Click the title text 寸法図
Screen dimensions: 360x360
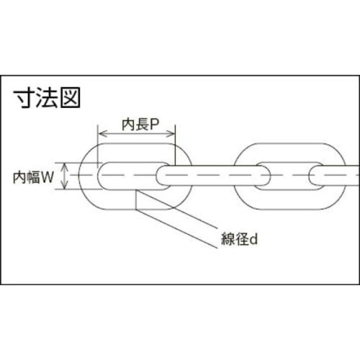coord(46,97)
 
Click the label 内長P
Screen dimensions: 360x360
coord(140,124)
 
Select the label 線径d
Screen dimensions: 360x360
coord(239,238)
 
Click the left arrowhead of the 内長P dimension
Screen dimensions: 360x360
coord(102,133)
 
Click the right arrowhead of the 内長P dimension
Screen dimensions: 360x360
coord(170,133)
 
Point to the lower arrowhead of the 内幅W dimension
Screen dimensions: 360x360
coord(65,185)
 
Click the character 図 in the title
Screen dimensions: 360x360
coord(70,97)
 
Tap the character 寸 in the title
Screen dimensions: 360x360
coord(23,97)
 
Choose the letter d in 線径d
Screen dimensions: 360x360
coord(253,239)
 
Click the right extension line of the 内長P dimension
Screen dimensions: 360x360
coord(175,145)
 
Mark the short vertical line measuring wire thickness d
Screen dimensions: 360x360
coord(136,199)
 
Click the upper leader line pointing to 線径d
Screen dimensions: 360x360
coord(177,209)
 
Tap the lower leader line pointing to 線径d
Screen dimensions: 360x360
coord(176,228)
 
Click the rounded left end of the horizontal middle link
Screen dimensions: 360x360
coord(159,175)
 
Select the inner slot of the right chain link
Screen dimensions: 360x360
coord(289,176)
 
